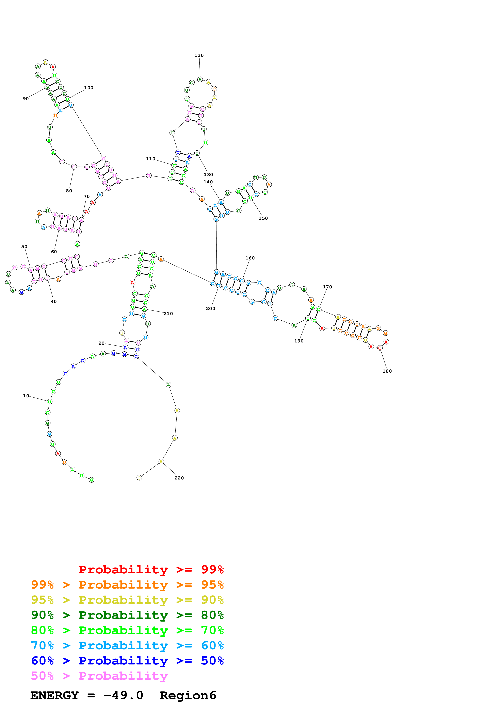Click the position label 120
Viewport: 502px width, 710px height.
point(199,55)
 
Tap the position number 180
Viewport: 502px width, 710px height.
point(387,371)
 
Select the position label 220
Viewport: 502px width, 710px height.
point(179,478)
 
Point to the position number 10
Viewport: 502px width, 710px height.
point(26,396)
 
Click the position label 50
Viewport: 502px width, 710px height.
point(24,247)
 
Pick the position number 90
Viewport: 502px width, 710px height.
point(26,99)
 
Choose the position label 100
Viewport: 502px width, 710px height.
point(89,88)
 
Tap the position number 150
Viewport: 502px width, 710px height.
point(263,218)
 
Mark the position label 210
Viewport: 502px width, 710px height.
point(168,314)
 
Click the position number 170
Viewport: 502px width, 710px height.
point(327,287)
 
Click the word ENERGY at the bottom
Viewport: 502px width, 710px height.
point(54,695)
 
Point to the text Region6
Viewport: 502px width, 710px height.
point(188,695)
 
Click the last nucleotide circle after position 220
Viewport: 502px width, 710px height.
point(139,478)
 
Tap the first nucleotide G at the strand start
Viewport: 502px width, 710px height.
point(92,480)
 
